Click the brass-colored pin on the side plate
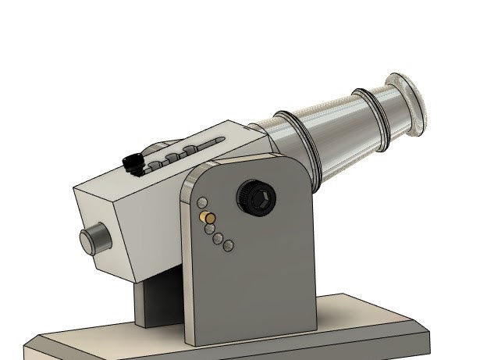[208, 217]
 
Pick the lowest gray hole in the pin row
[228, 247]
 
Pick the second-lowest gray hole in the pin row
[219, 238]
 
